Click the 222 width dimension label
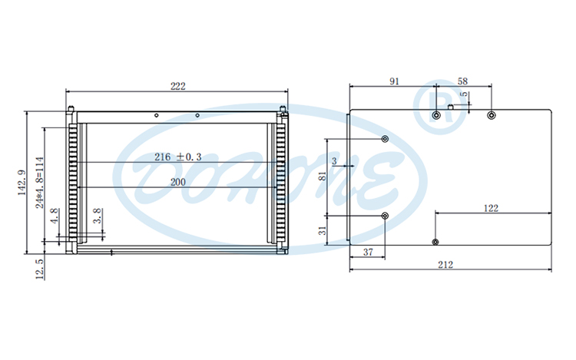pyautogui.click(x=177, y=87)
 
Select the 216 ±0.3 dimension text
pyautogui.click(x=177, y=157)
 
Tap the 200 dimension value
pyautogui.click(x=177, y=182)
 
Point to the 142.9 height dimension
pyautogui.click(x=22, y=183)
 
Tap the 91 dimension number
pyautogui.click(x=393, y=81)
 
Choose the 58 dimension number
pyautogui.click(x=463, y=81)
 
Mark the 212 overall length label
pyautogui.click(x=445, y=265)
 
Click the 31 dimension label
pyautogui.click(x=323, y=230)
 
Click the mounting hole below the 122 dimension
pyautogui.click(x=435, y=242)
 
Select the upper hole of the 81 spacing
pyautogui.click(x=385, y=139)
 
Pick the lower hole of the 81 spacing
pyautogui.click(x=385, y=216)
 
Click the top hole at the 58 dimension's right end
pyautogui.click(x=492, y=115)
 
